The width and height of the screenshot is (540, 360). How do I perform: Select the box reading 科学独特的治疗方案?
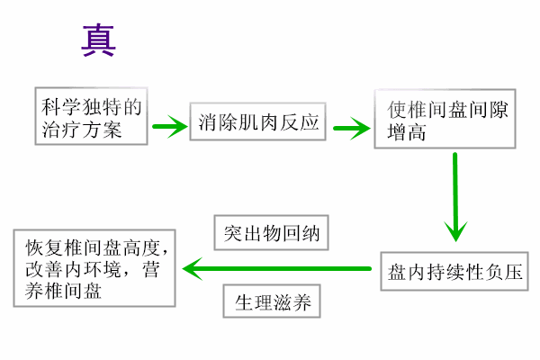click(93, 118)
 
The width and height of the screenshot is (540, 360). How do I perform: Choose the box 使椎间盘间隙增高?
click(445, 118)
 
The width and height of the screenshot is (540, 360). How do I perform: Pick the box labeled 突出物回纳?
click(270, 234)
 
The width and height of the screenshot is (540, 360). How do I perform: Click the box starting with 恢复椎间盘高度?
click(94, 268)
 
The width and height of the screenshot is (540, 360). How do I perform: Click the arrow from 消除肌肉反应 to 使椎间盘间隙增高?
click(352, 127)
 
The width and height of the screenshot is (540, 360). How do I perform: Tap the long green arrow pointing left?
click(279, 267)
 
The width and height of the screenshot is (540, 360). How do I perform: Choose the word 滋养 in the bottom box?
click(289, 301)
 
